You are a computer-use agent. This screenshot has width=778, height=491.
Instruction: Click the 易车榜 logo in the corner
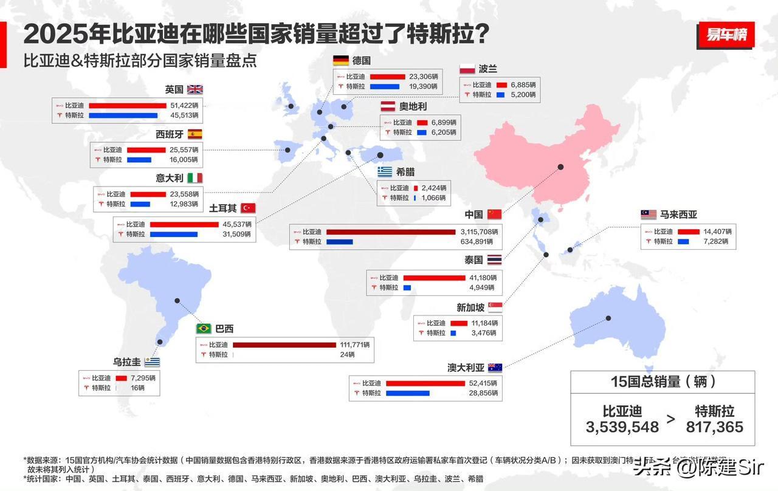click(x=725, y=36)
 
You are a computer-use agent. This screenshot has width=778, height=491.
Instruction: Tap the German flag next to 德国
click(x=340, y=61)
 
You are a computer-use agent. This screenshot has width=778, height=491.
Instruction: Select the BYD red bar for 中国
click(x=391, y=232)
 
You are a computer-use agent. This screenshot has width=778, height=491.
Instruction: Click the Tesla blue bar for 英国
click(x=123, y=115)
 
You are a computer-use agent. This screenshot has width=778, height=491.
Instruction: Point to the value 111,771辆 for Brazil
click(x=354, y=345)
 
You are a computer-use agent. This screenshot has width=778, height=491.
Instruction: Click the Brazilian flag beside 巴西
click(x=204, y=329)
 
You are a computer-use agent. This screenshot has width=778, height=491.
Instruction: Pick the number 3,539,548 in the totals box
click(x=622, y=427)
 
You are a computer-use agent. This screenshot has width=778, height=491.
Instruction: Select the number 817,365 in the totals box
click(x=714, y=427)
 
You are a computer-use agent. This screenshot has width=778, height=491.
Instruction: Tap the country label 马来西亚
click(x=679, y=215)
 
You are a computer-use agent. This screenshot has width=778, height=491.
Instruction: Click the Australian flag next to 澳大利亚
click(x=495, y=368)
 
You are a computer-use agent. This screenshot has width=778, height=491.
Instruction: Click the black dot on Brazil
click(x=177, y=300)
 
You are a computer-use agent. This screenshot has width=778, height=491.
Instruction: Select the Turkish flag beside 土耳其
click(x=248, y=208)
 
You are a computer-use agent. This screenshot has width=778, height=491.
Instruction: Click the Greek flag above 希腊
click(x=385, y=171)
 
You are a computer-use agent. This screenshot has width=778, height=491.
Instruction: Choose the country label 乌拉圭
click(x=126, y=362)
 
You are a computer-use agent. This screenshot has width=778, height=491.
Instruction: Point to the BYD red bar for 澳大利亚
click(x=425, y=383)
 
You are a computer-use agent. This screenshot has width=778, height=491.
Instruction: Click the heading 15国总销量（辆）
click(x=663, y=382)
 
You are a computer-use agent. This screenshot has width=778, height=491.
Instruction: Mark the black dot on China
click(x=560, y=167)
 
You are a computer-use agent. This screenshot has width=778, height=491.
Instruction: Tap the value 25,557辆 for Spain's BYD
click(x=183, y=150)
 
